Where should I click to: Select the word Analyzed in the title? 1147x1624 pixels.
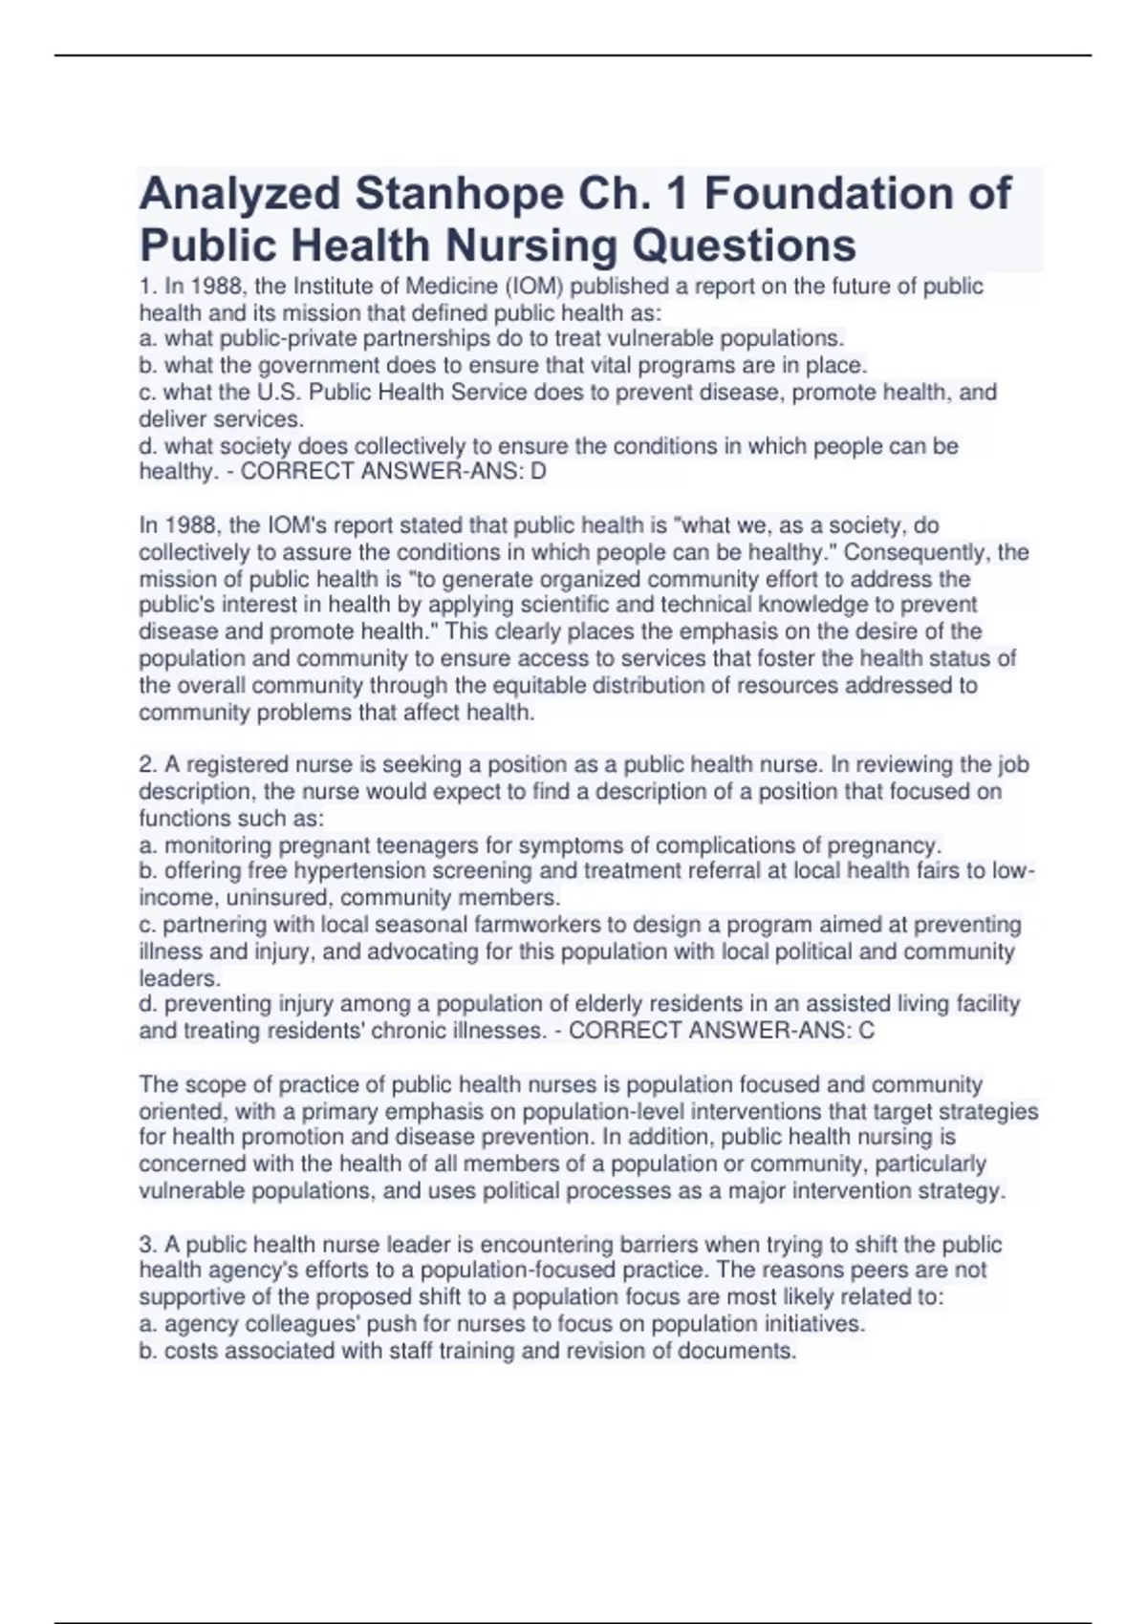click(x=240, y=194)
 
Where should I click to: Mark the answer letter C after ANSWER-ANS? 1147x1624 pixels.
click(x=866, y=1031)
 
